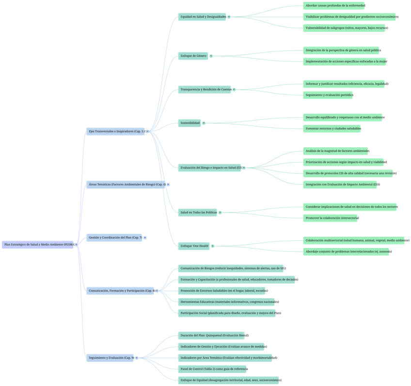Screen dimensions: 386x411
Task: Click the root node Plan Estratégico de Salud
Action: tap(38, 245)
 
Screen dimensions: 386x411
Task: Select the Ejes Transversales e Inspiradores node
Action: tap(115, 131)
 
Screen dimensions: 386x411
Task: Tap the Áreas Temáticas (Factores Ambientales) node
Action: tap(126, 185)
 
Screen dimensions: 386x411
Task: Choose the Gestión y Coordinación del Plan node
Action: tap(114, 237)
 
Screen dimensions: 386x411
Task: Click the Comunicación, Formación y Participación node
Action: tap(120, 291)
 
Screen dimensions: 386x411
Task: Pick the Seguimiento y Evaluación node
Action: tap(110, 358)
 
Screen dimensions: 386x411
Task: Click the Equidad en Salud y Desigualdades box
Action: tap(203, 16)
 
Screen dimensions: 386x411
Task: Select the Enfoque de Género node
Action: tap(193, 56)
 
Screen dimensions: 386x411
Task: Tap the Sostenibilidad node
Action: tap(190, 123)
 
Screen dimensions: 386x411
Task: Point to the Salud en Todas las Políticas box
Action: tap(198, 213)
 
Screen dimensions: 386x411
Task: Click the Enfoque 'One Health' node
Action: tap(194, 246)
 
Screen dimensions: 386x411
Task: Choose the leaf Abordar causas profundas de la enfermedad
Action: tap(334, 5)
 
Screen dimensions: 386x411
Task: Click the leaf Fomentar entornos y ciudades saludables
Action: tap(332, 129)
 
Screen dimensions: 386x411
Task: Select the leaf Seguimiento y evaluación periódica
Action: tap(329, 95)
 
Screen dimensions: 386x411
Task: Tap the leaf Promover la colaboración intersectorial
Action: tap(331, 218)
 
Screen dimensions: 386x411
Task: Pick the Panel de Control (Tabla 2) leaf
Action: tap(212, 369)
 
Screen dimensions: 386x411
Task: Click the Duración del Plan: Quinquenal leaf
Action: tap(213, 335)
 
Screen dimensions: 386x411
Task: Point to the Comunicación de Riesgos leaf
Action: tap(231, 268)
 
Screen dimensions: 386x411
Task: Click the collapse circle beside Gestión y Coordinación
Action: tap(145, 237)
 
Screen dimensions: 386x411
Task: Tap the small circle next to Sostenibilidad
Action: tap(204, 123)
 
